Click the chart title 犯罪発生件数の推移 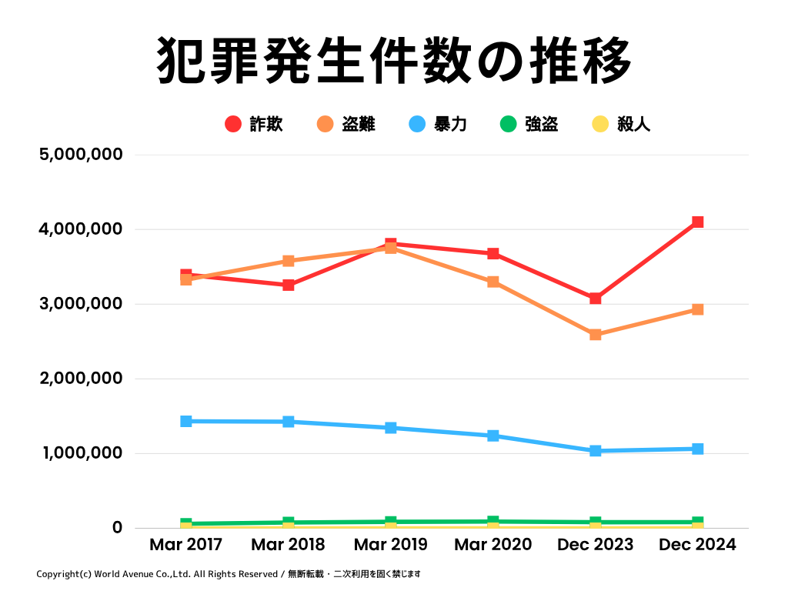[x=394, y=61]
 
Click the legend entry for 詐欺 [x=255, y=124]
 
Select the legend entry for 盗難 [x=346, y=124]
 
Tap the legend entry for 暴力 [x=438, y=124]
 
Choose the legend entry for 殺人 [x=621, y=124]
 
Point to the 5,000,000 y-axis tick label [x=80, y=155]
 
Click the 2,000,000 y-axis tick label [x=80, y=379]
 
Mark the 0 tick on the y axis [x=117, y=528]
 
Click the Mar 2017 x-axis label [x=185, y=545]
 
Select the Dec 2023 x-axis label [x=595, y=545]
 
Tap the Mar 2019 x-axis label [x=390, y=545]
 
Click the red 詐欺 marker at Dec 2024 [x=697, y=222]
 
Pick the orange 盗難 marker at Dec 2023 [x=595, y=335]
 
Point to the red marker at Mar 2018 [x=288, y=285]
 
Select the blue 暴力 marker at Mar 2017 [x=185, y=421]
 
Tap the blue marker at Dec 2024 [x=697, y=449]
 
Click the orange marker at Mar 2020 [x=492, y=282]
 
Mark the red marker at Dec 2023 [x=595, y=299]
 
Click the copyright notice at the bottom [x=228, y=574]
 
